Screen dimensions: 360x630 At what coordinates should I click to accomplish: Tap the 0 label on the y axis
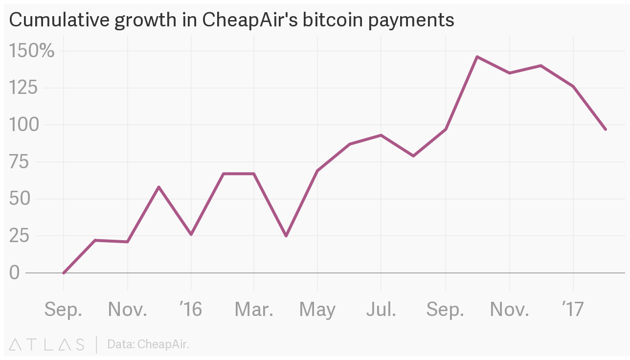click(x=14, y=273)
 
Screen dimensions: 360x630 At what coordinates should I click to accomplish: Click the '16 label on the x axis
click(x=191, y=309)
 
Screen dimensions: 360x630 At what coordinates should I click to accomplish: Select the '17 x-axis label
click(x=573, y=309)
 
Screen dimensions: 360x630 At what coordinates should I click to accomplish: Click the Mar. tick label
click(x=254, y=309)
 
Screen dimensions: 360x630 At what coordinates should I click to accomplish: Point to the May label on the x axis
click(x=317, y=310)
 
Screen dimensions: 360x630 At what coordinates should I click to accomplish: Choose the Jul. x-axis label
click(x=381, y=309)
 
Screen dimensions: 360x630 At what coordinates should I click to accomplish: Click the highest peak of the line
click(x=477, y=57)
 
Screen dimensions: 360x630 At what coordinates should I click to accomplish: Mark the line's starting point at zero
click(x=64, y=273)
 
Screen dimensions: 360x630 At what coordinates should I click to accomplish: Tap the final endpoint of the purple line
click(x=606, y=129)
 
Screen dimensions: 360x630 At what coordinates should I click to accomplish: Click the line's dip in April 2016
click(x=286, y=236)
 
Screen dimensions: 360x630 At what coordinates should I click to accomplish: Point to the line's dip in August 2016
click(x=413, y=156)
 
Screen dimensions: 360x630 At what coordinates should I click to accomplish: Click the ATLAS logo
click(x=47, y=344)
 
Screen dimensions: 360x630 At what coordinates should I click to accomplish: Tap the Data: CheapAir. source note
click(x=148, y=344)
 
